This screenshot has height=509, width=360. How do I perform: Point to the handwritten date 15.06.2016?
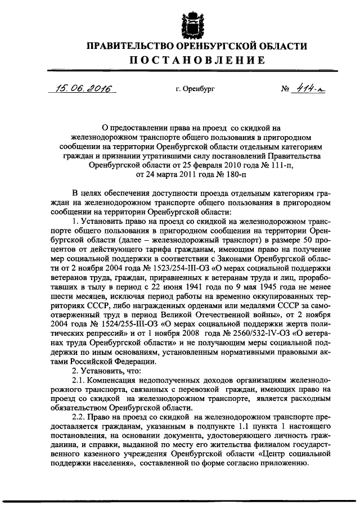[x=80, y=88]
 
